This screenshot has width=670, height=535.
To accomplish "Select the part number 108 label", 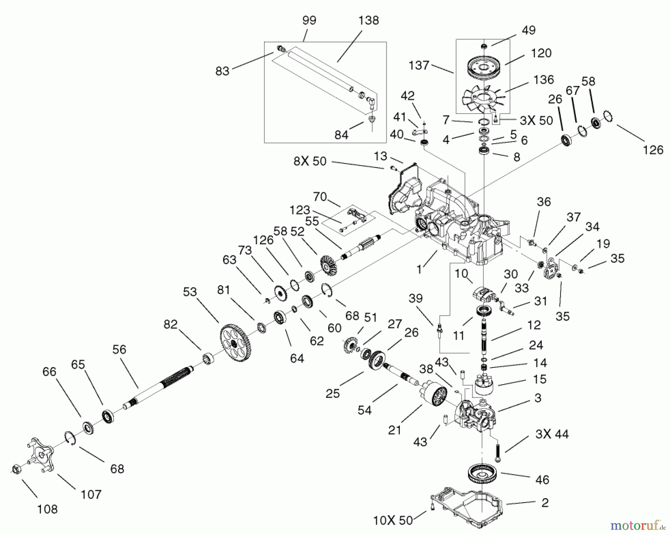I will coord(48,509).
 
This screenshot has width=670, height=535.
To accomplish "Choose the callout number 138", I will coord(368,20).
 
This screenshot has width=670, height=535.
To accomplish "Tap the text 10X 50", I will coord(393,520).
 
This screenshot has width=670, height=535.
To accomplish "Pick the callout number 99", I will coord(309,20).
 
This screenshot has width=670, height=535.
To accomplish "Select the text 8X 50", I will coord(310,161).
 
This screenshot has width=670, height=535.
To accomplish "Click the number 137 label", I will coord(419,66).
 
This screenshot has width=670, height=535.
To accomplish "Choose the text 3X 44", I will coord(552,434).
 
